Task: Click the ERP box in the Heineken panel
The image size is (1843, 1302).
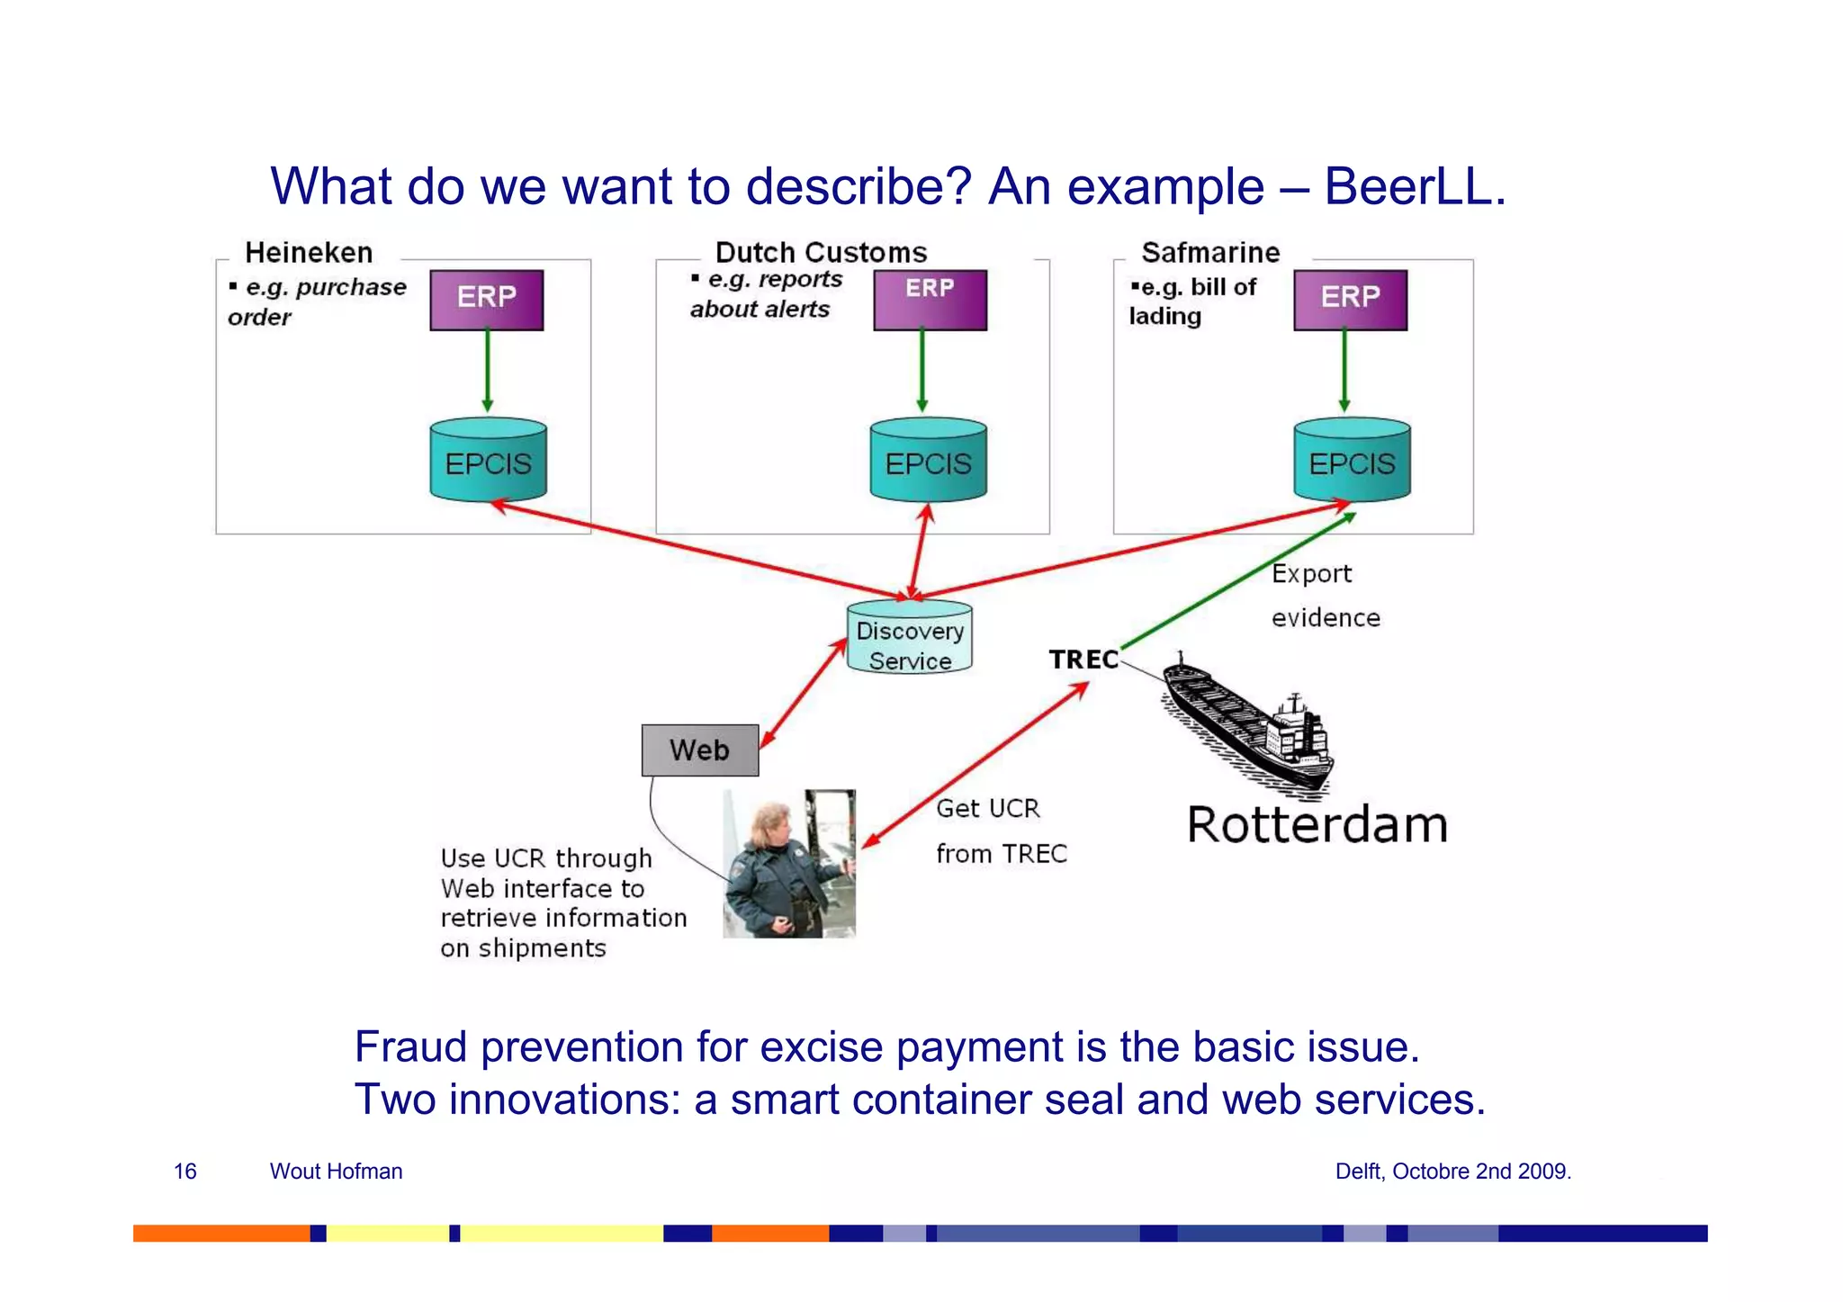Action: click(486, 300)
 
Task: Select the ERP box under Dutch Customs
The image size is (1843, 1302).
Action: click(930, 300)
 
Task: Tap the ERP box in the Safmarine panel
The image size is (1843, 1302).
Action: click(1350, 300)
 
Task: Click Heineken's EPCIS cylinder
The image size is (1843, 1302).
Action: click(488, 461)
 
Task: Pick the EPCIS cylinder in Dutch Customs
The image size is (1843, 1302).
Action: click(928, 461)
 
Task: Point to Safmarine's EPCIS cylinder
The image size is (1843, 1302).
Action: click(1352, 461)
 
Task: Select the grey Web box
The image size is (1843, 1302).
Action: click(699, 750)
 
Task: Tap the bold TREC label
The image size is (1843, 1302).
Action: click(1083, 660)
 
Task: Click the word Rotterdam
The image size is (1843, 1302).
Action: click(1317, 824)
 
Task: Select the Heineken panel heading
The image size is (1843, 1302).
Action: click(309, 252)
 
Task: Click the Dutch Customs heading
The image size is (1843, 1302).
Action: click(821, 252)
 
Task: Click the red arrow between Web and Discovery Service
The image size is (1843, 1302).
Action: click(803, 694)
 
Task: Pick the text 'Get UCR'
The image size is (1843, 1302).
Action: click(987, 808)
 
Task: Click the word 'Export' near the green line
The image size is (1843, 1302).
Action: click(1311, 574)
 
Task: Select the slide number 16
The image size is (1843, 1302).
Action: click(184, 1171)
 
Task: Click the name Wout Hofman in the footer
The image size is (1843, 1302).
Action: click(336, 1171)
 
